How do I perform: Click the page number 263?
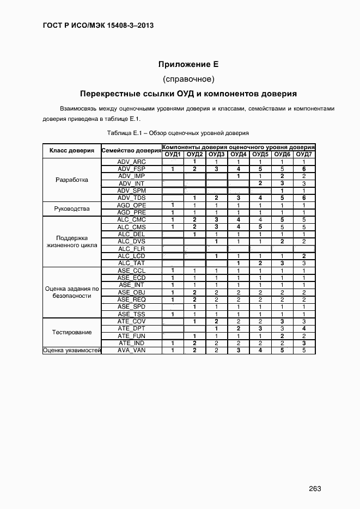click(x=315, y=488)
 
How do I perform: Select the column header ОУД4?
click(x=238, y=155)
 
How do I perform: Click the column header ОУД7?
click(x=304, y=155)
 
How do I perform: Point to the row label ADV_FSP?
click(x=131, y=169)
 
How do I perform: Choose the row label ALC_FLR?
click(x=131, y=248)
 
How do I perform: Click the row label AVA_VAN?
click(x=131, y=350)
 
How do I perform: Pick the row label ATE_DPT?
click(x=131, y=328)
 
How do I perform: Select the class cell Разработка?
click(x=72, y=180)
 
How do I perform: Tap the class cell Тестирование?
click(x=72, y=332)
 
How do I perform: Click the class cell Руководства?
click(x=72, y=208)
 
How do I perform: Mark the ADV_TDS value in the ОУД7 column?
click(x=304, y=198)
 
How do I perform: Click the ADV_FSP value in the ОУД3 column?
click(x=216, y=169)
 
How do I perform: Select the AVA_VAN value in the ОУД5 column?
click(x=260, y=350)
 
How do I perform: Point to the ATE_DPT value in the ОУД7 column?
click(x=304, y=328)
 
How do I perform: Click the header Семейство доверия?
click(x=131, y=151)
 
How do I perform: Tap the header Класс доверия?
click(x=72, y=151)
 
